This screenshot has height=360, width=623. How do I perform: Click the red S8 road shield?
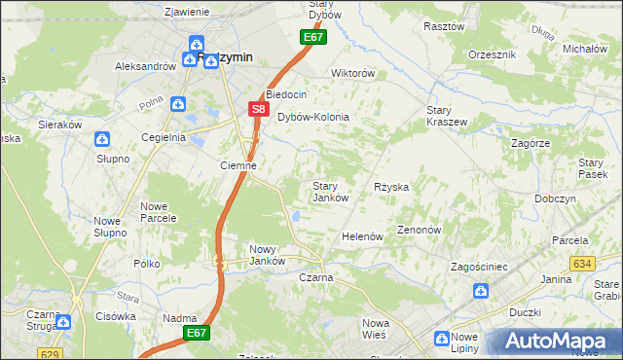[x=258, y=110]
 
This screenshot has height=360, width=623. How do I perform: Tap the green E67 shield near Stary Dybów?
[x=311, y=37]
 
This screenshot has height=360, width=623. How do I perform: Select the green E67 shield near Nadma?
[x=198, y=333]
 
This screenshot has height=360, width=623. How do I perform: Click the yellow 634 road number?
[x=583, y=264]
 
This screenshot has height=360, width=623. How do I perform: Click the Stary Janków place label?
[x=330, y=192]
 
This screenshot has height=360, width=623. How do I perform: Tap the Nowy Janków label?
[x=267, y=254]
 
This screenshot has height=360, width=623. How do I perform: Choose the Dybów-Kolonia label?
[x=312, y=117]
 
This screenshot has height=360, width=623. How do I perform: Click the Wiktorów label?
[x=352, y=73]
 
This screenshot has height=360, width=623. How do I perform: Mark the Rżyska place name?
[x=390, y=186]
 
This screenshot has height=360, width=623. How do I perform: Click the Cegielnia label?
[x=164, y=137]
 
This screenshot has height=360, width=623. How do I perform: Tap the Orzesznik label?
[x=491, y=54]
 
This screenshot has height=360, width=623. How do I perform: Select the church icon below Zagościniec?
[x=480, y=290]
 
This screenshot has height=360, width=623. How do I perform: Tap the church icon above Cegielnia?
[x=178, y=103]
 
